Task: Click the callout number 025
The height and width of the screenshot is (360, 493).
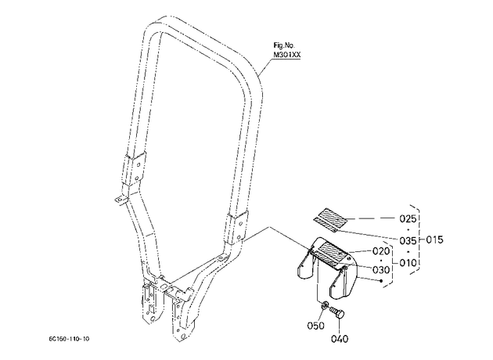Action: coord(408,218)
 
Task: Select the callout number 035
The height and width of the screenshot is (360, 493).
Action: coord(408,241)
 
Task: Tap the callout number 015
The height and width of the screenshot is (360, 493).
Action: coord(434,239)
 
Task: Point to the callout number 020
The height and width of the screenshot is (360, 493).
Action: coord(381,251)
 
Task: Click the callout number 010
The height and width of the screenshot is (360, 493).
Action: coord(408,262)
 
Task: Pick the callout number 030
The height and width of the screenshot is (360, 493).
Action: coord(381,270)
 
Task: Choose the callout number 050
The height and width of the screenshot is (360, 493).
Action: coord(315,326)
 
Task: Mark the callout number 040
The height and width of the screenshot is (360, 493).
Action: coord(340,339)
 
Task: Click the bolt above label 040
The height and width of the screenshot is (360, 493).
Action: coord(338,313)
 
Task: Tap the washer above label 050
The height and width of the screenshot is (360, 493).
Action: coord(325,304)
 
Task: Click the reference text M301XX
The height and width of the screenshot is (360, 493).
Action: coord(287,55)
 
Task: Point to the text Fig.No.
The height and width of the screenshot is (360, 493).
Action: coord(284,45)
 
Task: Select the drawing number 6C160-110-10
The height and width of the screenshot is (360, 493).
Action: coord(69,339)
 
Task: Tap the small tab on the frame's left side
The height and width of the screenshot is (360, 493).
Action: coord(121,200)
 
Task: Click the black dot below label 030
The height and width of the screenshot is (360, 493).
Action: coord(381,281)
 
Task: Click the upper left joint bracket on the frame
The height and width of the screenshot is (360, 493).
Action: coord(135,168)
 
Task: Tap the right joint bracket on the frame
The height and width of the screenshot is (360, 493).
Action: coord(236,228)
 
